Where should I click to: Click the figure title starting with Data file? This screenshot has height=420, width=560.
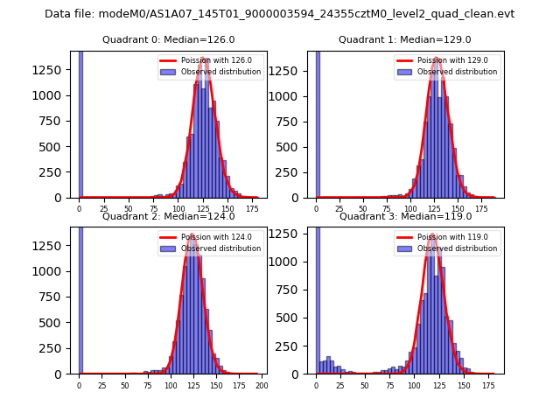pyautogui.click(x=279, y=14)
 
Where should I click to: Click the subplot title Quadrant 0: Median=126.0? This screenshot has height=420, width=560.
pyautogui.click(x=168, y=39)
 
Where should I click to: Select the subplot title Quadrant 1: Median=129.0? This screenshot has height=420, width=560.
pyautogui.click(x=404, y=39)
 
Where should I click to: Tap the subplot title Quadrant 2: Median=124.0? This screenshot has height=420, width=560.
pyautogui.click(x=168, y=216)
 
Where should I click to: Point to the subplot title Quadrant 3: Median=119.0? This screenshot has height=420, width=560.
pyautogui.click(x=404, y=216)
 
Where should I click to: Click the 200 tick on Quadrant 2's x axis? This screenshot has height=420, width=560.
pyautogui.click(x=261, y=385)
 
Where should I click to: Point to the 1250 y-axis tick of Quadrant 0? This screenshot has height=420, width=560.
pyautogui.click(x=54, y=69)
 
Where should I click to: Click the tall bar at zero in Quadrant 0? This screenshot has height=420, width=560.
pyautogui.click(x=80, y=122)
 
